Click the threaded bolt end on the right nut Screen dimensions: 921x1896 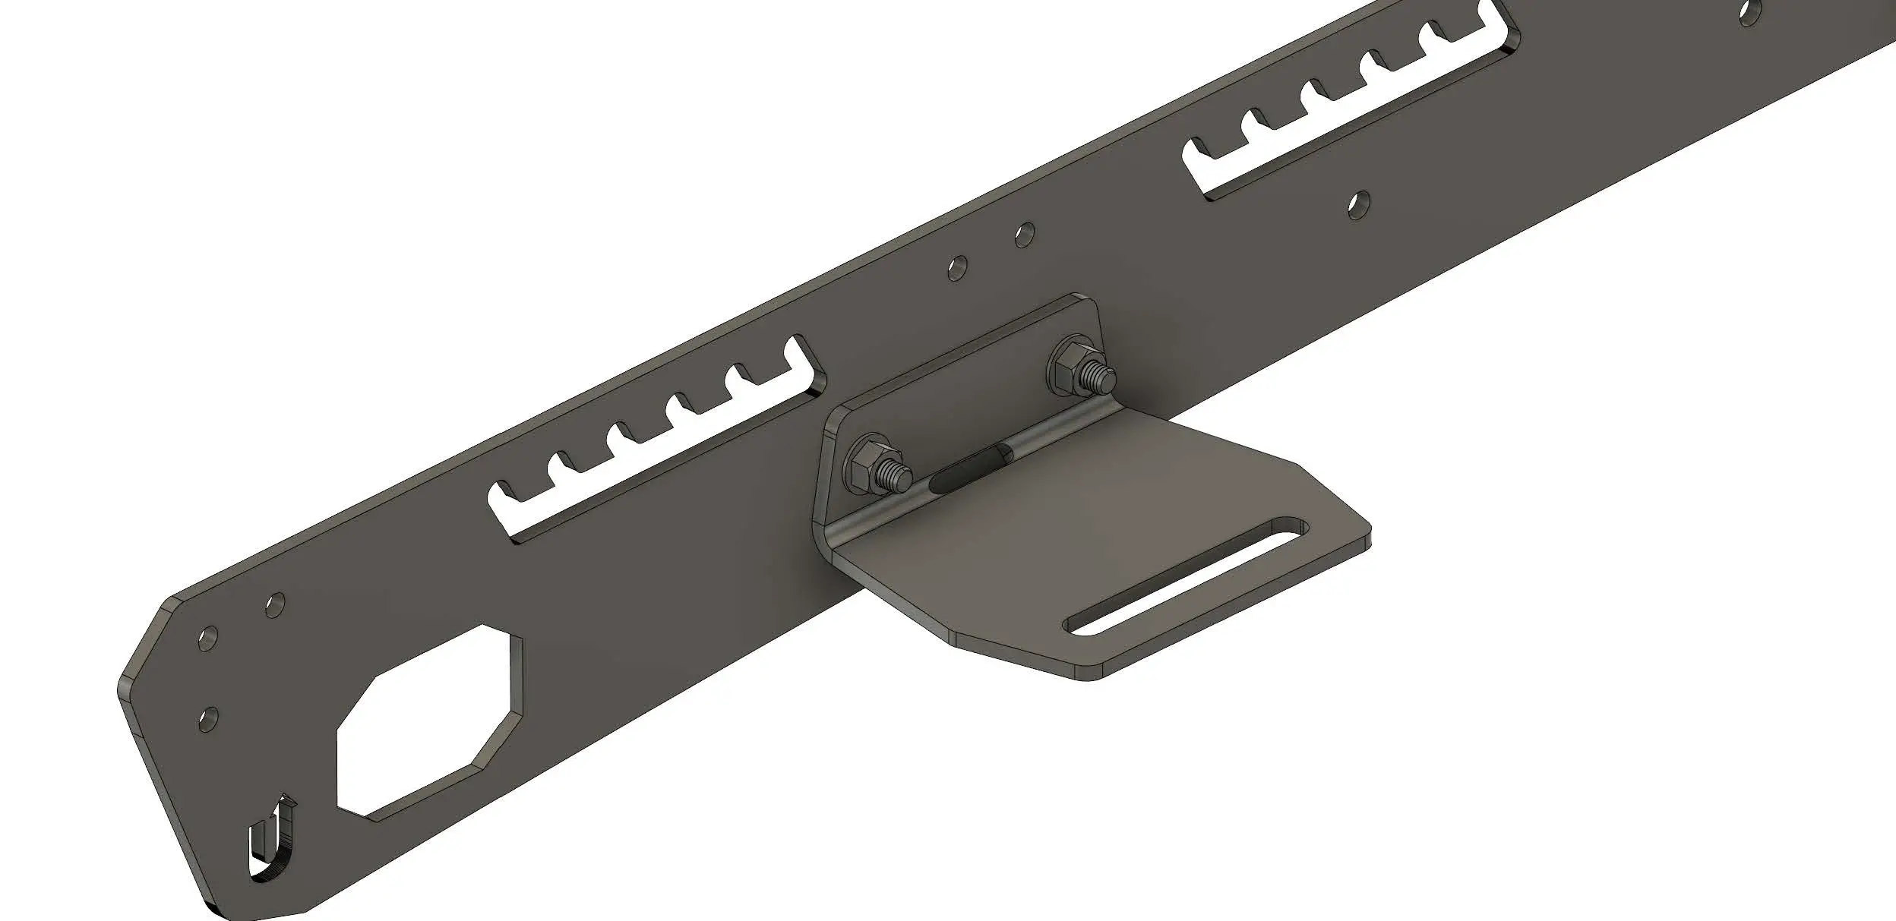tap(1104, 375)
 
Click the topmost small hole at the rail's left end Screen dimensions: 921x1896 tap(276, 604)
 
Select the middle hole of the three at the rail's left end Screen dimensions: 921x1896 tap(207, 639)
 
